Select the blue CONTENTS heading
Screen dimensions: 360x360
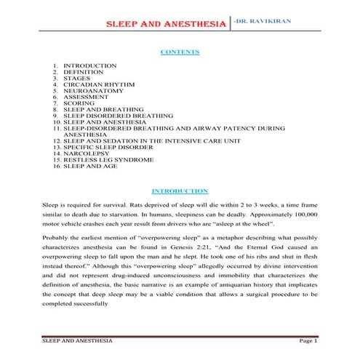pos(179,52)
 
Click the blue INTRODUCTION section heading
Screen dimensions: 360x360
pos(179,191)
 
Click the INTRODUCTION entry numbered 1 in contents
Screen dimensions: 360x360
pos(90,65)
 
